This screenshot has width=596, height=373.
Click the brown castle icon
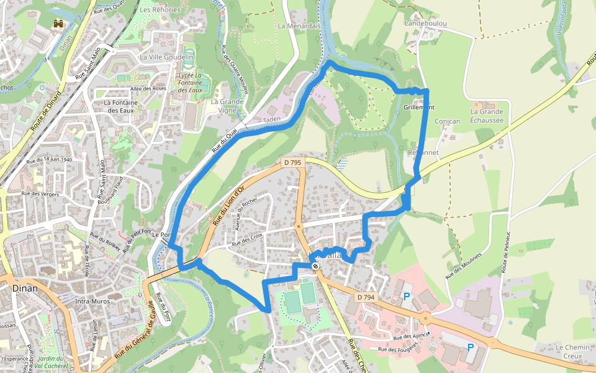(x=59, y=24)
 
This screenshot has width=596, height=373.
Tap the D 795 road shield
(x=292, y=163)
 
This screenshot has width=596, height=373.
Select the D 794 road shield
(x=366, y=298)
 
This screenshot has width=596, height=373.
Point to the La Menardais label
(x=299, y=26)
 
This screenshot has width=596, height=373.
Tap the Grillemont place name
(x=419, y=108)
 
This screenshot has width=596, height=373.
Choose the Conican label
(x=448, y=121)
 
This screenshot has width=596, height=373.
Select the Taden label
(x=272, y=119)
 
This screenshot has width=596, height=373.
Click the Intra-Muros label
(x=91, y=302)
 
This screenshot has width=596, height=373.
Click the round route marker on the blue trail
(x=315, y=266)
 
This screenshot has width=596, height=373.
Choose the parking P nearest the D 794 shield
(x=407, y=297)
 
